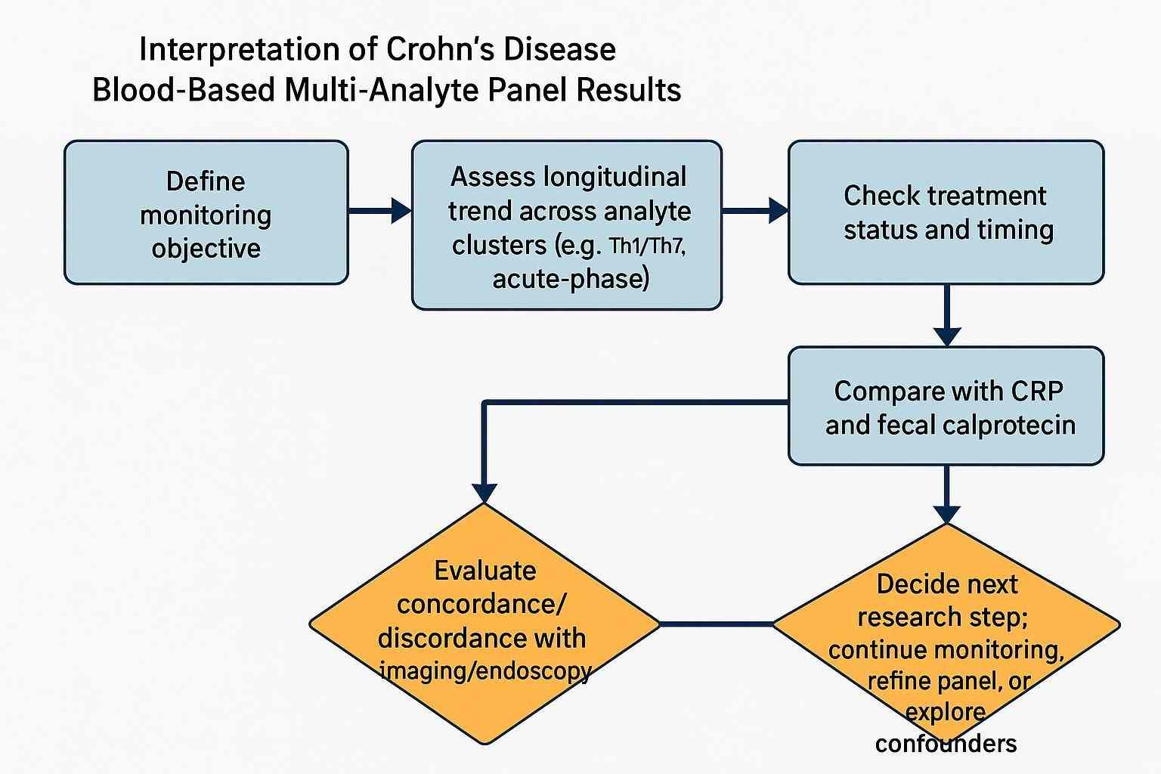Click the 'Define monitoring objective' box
click(206, 213)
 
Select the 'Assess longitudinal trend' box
click(567, 225)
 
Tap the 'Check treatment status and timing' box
click(946, 212)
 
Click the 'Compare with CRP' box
click(946, 406)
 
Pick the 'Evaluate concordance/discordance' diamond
click(484, 623)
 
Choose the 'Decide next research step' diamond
click(946, 624)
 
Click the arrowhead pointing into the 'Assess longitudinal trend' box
click(400, 210)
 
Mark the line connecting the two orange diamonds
click(717, 624)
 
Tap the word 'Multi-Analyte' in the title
click(382, 90)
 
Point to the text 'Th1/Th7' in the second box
click(647, 246)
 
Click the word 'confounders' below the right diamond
click(946, 743)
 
